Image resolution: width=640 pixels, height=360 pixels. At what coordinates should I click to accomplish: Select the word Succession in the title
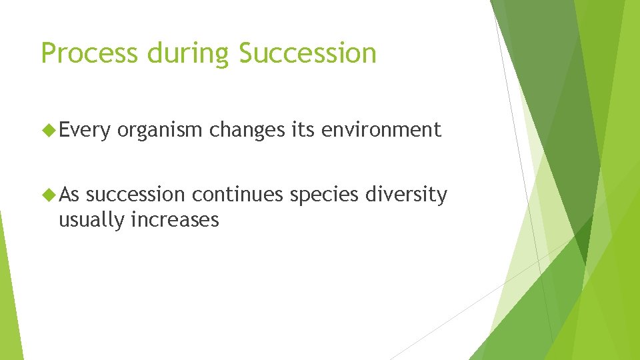click(x=307, y=53)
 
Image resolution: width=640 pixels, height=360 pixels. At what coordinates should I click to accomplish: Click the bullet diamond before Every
click(x=49, y=129)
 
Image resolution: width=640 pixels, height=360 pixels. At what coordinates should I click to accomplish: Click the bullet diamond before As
click(x=49, y=195)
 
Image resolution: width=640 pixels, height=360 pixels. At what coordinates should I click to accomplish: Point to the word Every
click(x=85, y=130)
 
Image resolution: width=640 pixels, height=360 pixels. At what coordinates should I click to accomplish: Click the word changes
click(x=247, y=130)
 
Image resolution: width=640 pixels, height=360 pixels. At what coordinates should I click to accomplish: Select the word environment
click(x=381, y=129)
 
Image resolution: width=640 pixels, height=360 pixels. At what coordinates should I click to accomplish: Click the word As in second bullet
click(x=69, y=195)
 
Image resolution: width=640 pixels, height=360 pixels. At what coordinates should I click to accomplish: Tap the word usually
click(x=92, y=220)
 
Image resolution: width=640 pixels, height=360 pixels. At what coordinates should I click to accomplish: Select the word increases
click(x=175, y=219)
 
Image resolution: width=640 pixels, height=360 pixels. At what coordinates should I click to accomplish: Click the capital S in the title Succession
click(x=246, y=53)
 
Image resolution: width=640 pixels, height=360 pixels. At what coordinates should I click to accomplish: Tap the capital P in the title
click(x=48, y=53)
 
